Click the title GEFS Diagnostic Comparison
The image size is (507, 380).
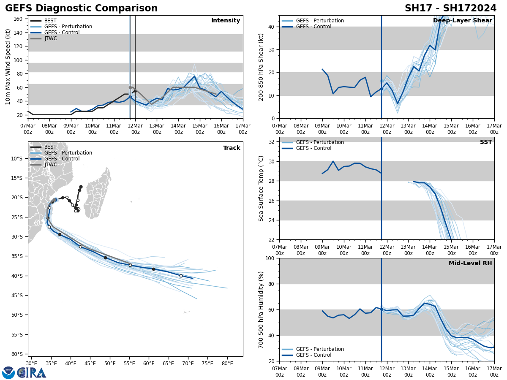(x=81, y=8)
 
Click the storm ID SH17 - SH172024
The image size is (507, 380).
(x=450, y=8)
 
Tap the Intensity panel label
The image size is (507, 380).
(x=226, y=21)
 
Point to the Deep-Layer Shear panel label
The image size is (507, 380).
(x=462, y=21)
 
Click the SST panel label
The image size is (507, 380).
(x=486, y=142)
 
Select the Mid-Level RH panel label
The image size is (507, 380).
(x=470, y=263)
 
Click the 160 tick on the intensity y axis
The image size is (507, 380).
(x=19, y=19)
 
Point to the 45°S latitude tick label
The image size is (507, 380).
(x=16, y=295)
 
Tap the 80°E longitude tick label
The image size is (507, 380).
(x=227, y=363)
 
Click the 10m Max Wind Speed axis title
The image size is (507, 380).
(x=8, y=67)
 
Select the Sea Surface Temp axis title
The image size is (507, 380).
(x=261, y=188)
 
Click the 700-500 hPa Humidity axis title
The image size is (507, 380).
(x=261, y=309)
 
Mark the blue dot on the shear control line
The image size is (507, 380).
(x=382, y=89)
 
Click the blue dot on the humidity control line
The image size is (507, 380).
(x=382, y=309)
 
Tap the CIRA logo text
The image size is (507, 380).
(x=31, y=373)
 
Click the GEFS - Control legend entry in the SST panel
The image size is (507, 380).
(x=313, y=148)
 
